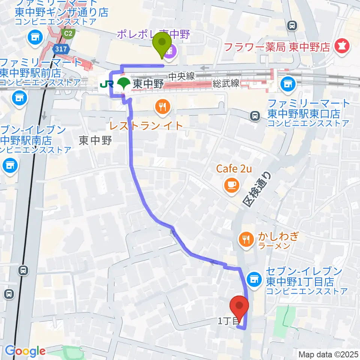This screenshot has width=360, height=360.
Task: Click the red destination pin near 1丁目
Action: coord(240,306)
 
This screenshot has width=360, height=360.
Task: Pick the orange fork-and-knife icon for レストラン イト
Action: coord(162,107)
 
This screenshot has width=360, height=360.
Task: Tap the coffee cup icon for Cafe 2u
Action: coord(231,184)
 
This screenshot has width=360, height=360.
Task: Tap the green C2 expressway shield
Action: coord(68,34)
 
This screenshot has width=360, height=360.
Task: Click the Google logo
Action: coord(25,351)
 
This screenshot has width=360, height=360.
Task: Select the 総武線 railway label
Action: coord(226,84)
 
